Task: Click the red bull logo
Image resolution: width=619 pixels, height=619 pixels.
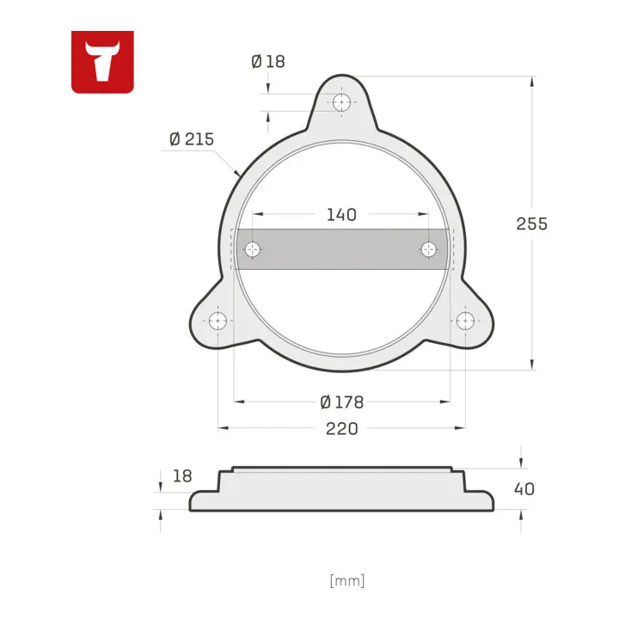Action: pyautogui.click(x=102, y=61)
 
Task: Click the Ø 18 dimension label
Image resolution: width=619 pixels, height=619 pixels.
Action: pyautogui.click(x=267, y=62)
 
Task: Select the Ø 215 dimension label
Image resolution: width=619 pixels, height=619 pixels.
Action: pyautogui.click(x=191, y=139)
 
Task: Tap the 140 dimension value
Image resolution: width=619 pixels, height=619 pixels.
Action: pyautogui.click(x=341, y=214)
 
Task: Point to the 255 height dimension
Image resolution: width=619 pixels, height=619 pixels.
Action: pyautogui.click(x=531, y=224)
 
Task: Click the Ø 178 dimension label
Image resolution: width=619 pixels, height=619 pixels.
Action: pyautogui.click(x=341, y=401)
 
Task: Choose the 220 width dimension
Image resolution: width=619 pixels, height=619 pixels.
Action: pyautogui.click(x=341, y=428)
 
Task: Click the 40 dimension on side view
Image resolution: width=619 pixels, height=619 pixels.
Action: pyautogui.click(x=524, y=488)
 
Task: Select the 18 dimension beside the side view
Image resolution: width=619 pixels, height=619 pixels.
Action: pyautogui.click(x=182, y=475)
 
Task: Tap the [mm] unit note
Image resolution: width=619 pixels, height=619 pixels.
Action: pyautogui.click(x=347, y=580)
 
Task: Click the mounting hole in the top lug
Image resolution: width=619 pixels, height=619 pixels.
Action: pyautogui.click(x=342, y=102)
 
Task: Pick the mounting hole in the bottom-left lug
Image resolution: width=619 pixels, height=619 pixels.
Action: pyautogui.click(x=218, y=321)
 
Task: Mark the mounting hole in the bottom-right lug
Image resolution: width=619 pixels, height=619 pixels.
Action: pyautogui.click(x=465, y=321)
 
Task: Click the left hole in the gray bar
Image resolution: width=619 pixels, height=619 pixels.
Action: pyautogui.click(x=253, y=249)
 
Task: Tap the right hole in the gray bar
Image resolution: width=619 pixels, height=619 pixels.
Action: pyautogui.click(x=429, y=249)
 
